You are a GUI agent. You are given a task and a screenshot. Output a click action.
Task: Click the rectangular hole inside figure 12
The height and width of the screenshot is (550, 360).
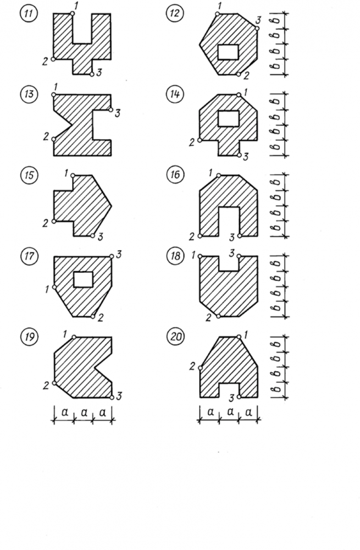click(x=228, y=52)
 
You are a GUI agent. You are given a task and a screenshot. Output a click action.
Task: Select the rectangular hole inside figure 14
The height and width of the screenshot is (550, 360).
click(x=228, y=118)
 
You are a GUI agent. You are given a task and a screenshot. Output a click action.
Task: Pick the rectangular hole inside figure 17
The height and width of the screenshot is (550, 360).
click(x=82, y=279)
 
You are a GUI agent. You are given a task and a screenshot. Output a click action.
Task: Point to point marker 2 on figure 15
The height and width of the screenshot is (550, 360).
click(x=53, y=221)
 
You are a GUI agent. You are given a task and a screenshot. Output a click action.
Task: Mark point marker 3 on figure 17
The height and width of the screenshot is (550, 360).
click(x=112, y=256)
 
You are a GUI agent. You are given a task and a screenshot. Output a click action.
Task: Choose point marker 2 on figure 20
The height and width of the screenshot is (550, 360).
click(x=200, y=367)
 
